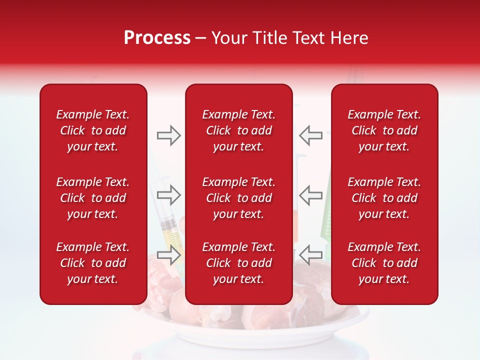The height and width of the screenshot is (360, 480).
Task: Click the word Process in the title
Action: (x=157, y=38)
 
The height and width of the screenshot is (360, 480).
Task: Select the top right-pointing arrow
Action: (x=168, y=135)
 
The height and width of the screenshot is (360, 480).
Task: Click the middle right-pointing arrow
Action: (x=168, y=195)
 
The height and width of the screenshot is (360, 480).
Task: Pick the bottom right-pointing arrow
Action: (x=168, y=254)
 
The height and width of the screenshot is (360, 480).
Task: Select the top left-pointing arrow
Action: (x=311, y=135)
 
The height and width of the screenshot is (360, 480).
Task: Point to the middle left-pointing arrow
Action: (x=311, y=195)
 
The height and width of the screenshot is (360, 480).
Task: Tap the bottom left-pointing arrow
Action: (x=311, y=254)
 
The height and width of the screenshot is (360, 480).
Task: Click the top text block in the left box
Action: (x=93, y=130)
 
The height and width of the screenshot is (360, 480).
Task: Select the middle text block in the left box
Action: (x=93, y=198)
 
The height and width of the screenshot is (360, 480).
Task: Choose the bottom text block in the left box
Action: (x=93, y=263)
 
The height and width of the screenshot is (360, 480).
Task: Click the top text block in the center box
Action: (x=238, y=130)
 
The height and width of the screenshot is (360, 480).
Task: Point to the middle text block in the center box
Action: (x=238, y=198)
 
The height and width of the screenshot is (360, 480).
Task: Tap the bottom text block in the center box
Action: (x=238, y=263)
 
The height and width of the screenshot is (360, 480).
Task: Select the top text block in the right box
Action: (x=384, y=130)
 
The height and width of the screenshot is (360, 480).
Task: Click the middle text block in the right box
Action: (x=384, y=198)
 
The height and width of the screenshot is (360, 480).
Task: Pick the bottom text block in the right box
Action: (x=384, y=263)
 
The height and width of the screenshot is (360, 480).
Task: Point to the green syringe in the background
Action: (x=327, y=220)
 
